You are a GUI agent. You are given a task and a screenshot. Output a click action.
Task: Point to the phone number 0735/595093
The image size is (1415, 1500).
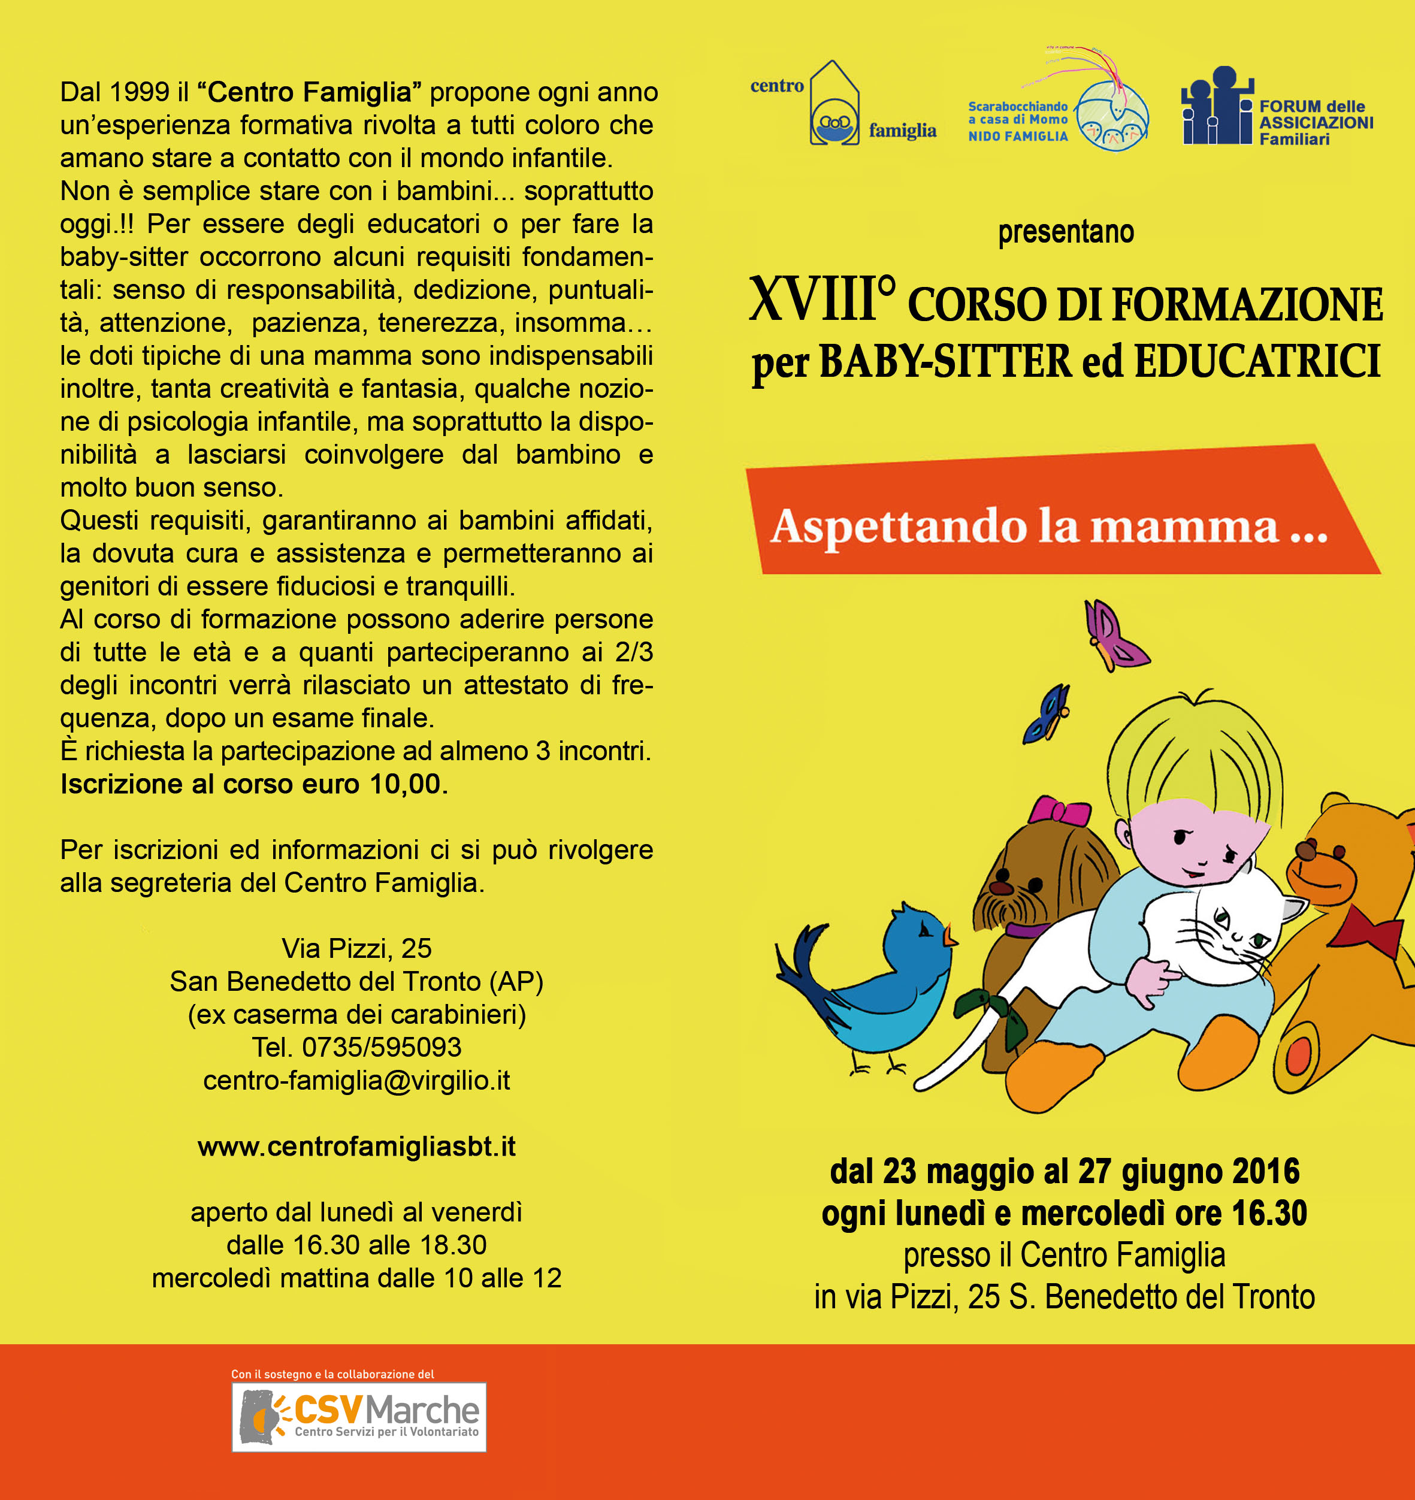(x=381, y=1047)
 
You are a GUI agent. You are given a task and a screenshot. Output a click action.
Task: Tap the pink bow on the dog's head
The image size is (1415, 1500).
(x=1060, y=812)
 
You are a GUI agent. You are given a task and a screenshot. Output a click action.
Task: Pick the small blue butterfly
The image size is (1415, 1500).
(x=1047, y=713)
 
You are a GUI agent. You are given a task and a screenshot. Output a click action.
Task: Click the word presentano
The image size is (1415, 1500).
(x=1066, y=232)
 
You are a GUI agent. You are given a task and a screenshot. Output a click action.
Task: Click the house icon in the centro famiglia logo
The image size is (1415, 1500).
(x=834, y=105)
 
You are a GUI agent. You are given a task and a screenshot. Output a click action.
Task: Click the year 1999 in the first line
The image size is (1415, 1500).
(x=140, y=92)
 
